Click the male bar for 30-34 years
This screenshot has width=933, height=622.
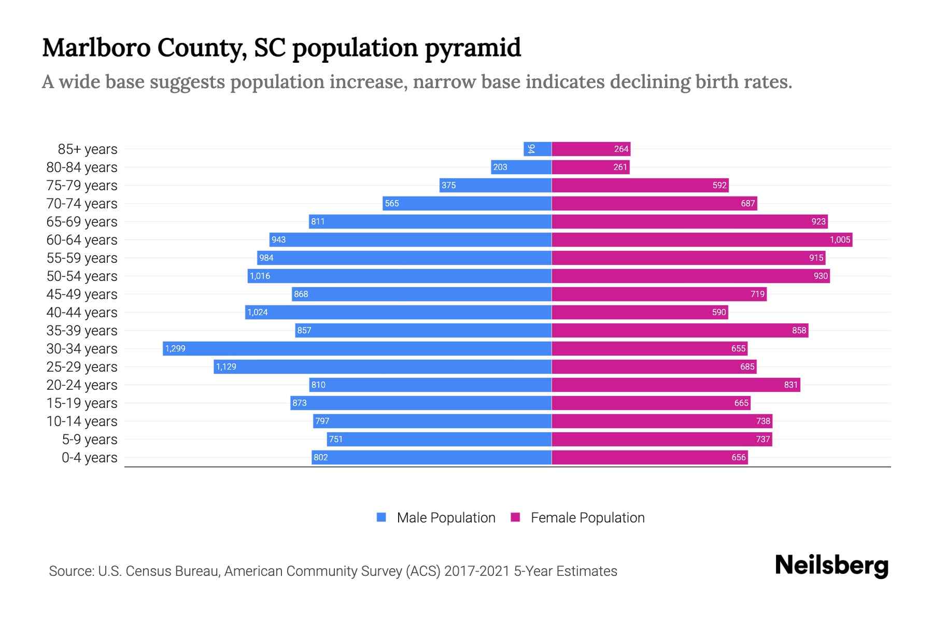[x=358, y=348]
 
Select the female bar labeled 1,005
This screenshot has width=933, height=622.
[x=702, y=239]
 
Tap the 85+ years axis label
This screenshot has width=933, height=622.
[x=87, y=149]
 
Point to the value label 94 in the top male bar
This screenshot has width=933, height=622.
[x=531, y=149]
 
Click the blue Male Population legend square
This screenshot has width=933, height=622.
[x=381, y=517]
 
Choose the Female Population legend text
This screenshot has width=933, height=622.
[x=587, y=517]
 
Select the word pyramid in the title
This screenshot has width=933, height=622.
[x=473, y=48]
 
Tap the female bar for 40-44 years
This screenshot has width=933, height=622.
[x=640, y=312]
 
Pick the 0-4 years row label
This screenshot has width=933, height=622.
[x=89, y=458]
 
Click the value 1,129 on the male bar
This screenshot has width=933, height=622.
[x=226, y=366]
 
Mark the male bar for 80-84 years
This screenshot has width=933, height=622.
[x=521, y=167]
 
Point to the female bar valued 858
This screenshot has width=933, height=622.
[x=680, y=330]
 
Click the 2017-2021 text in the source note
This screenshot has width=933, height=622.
[x=477, y=571]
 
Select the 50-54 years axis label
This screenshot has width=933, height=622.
[x=82, y=276]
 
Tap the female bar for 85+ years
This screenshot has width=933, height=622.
[x=591, y=149]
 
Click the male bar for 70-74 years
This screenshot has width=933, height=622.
[x=466, y=203]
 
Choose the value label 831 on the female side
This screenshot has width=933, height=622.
[x=790, y=385]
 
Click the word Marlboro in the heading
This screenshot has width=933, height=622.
[x=96, y=48]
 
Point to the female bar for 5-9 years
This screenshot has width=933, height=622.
[x=661, y=439]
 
